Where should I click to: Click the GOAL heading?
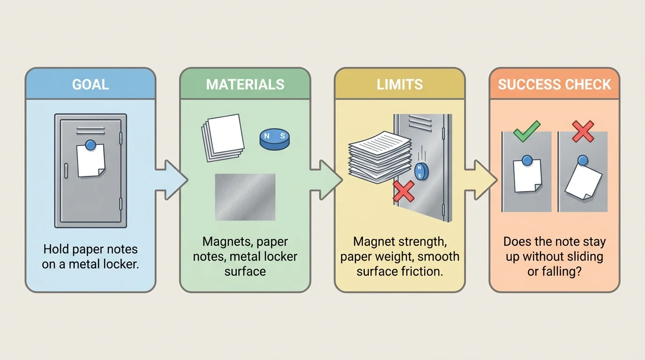pyautogui.click(x=90, y=84)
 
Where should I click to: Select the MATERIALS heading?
pyautogui.click(x=245, y=84)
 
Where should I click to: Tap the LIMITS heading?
pyautogui.click(x=399, y=84)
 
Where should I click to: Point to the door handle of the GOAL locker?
pyautogui.click(x=66, y=171)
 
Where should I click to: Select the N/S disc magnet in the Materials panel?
pyautogui.click(x=275, y=139)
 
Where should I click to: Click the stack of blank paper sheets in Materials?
pyautogui.click(x=223, y=137)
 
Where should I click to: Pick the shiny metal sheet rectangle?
pyautogui.click(x=245, y=197)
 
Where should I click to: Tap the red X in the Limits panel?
pyautogui.click(x=404, y=191)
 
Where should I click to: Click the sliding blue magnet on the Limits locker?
pyautogui.click(x=421, y=172)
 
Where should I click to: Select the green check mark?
pyautogui.click(x=526, y=131)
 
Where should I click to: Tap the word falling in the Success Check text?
pyautogui.click(x=561, y=271)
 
